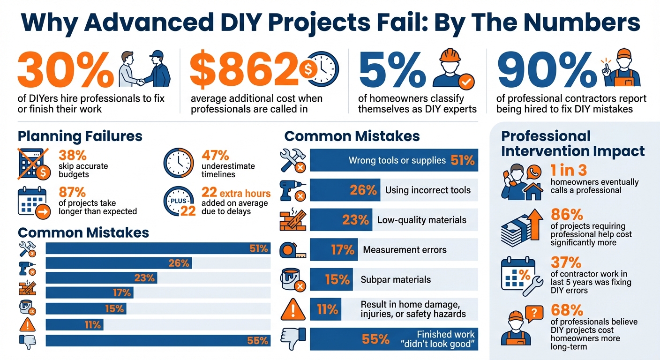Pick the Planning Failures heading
tap(80, 136)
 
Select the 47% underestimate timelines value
tap(215, 155)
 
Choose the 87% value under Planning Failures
tap(72, 192)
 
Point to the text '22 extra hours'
tap(236, 193)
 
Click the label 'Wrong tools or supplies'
tap(397, 160)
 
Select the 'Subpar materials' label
tap(396, 280)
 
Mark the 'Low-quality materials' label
tap(422, 220)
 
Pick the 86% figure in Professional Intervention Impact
tap(566, 215)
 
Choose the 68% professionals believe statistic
tap(566, 310)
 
